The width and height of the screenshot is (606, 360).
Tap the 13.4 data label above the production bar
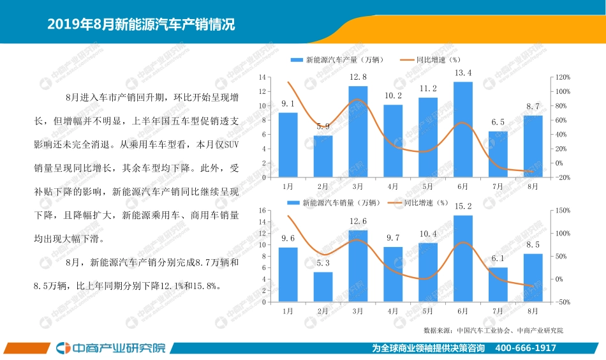coord(462,73)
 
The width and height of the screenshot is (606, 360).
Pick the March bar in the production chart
coord(358,131)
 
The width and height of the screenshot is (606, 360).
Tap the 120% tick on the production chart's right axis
coord(563,77)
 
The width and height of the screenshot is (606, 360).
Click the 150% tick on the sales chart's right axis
coord(563,210)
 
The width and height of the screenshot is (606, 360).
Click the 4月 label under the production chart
coord(393,186)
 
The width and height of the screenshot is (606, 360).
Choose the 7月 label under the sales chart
coord(498,311)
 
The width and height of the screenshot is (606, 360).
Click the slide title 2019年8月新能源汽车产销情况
coord(141,25)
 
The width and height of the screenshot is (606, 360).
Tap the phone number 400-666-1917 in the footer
coord(526,348)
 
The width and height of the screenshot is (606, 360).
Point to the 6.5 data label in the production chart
coord(498,122)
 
